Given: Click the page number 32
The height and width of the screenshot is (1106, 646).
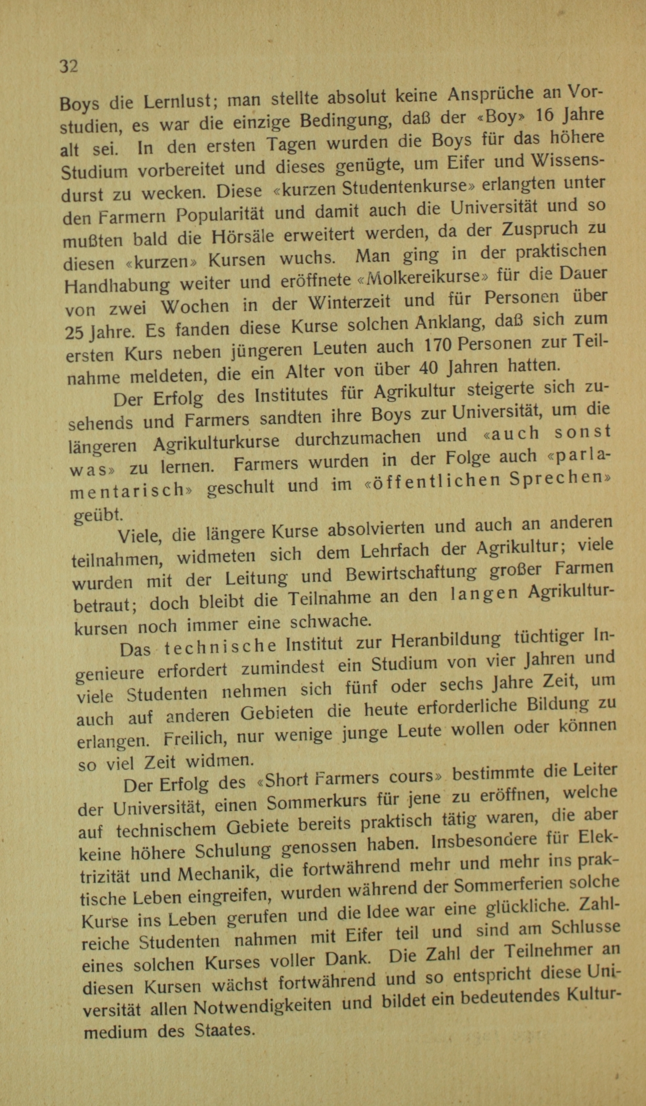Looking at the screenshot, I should [69, 66].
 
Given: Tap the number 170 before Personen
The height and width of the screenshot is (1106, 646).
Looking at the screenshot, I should [440, 345].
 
